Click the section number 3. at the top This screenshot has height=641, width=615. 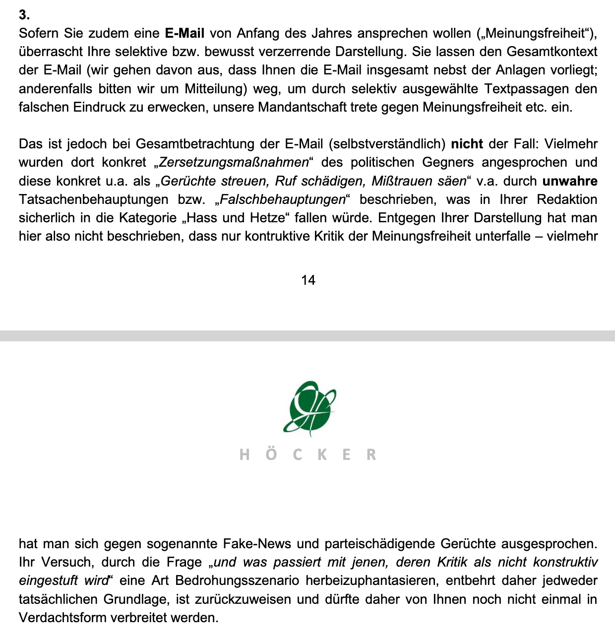point(24,15)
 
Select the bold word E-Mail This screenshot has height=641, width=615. point(184,33)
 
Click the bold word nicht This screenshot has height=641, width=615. point(467,144)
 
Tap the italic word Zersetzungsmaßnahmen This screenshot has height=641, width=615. point(234,162)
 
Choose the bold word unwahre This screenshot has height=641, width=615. point(570,181)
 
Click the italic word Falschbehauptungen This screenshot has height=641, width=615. point(282,199)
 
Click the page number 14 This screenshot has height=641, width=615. point(308,280)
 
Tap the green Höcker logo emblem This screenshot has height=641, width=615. point(309,408)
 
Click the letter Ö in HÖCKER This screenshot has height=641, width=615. point(271,454)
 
